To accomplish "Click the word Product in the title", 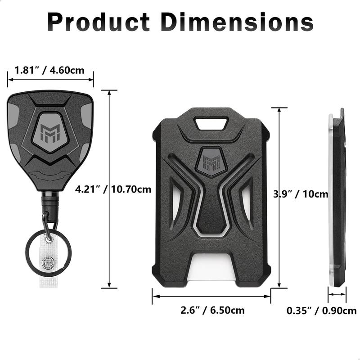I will (x=99, y=21).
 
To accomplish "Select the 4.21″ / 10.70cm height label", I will (x=113, y=189).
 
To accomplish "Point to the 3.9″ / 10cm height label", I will (x=301, y=194).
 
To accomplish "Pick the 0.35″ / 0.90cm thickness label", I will (x=321, y=310).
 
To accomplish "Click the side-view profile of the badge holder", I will (x=337, y=198).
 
